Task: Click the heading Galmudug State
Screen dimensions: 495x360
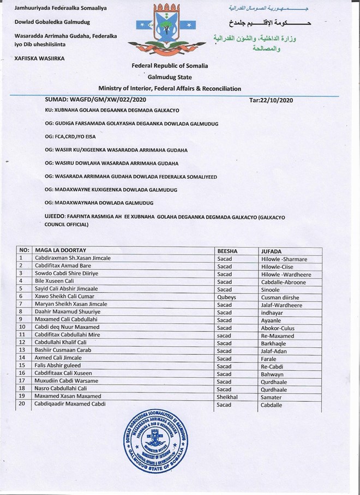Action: tap(169, 77)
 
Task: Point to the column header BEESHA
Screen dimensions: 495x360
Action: tap(228, 251)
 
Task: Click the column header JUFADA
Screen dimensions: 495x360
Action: tap(272, 251)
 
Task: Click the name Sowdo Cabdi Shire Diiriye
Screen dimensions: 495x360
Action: tap(65, 274)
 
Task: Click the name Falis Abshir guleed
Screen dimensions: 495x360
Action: tap(58, 365)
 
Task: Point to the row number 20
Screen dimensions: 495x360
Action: tap(22, 404)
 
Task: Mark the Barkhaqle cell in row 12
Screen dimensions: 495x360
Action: tap(274, 342)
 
